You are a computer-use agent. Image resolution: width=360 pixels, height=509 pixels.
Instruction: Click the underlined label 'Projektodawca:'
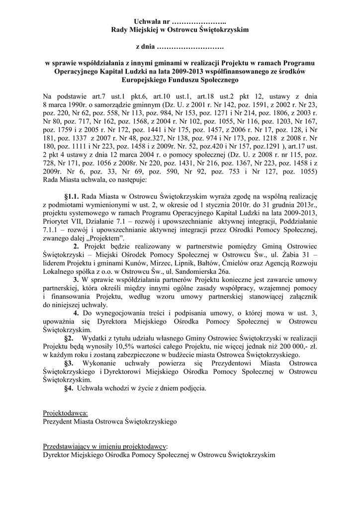click(66, 414)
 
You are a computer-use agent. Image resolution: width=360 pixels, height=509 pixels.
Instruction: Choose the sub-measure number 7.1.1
click(52, 230)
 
